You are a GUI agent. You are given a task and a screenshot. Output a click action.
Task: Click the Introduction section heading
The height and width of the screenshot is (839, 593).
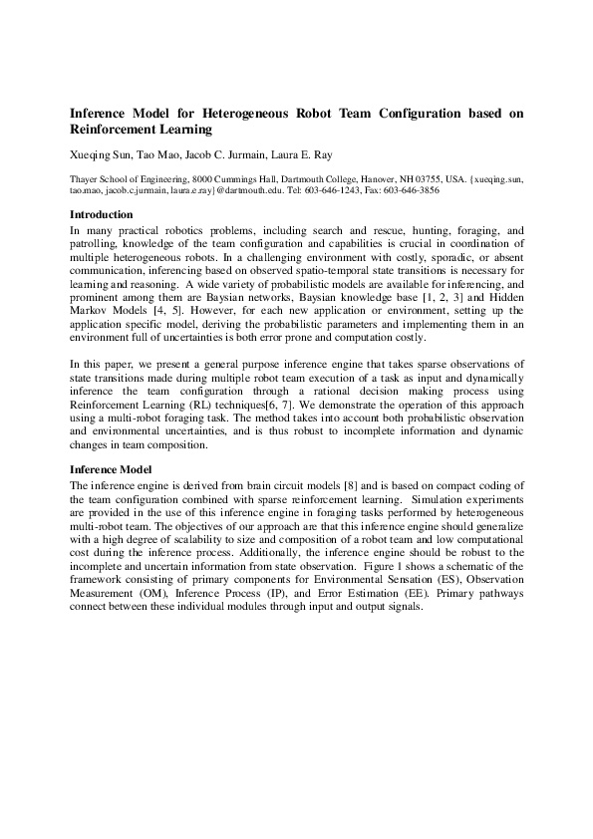[x=101, y=214]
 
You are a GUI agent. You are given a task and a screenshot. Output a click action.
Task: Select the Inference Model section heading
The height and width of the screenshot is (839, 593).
[x=111, y=468]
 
